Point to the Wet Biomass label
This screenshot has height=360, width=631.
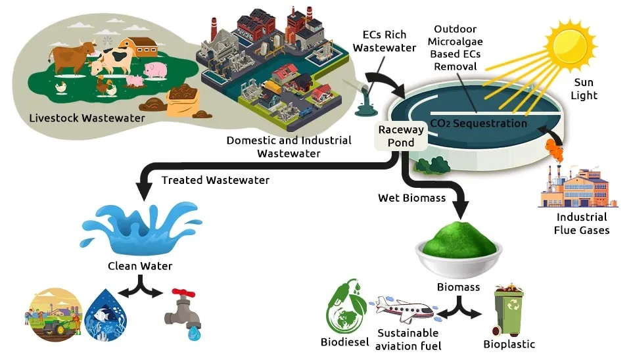coord(412,198)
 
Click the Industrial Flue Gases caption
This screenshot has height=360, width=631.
coord(582,223)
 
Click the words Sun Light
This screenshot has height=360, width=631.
coord(584,89)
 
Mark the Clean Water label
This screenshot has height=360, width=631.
coord(139,266)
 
